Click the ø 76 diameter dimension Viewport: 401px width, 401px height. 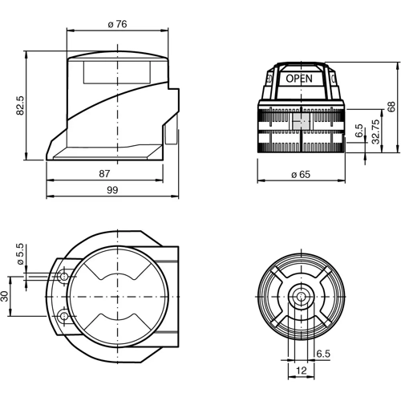(x=117, y=24)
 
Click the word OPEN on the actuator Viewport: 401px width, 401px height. (x=299, y=79)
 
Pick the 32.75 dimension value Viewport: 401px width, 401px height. (x=375, y=133)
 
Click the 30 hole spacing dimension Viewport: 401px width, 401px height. (x=6, y=296)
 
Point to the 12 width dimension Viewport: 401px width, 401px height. (x=301, y=371)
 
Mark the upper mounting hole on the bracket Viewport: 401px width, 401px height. (x=63, y=276)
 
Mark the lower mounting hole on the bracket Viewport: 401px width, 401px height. (x=63, y=317)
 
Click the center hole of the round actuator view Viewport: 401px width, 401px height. (x=301, y=297)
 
